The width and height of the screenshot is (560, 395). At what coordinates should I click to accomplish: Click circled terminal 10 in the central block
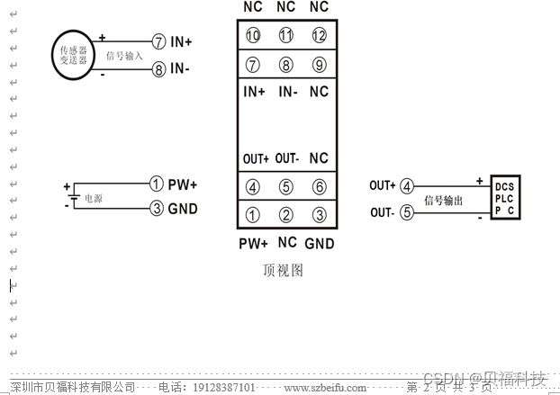pyautogui.click(x=253, y=36)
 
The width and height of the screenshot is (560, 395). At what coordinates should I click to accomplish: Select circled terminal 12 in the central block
pyautogui.click(x=318, y=36)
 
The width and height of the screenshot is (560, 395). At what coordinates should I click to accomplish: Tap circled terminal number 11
pyautogui.click(x=286, y=36)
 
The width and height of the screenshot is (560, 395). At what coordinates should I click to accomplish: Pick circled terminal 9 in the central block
pyautogui.click(x=318, y=65)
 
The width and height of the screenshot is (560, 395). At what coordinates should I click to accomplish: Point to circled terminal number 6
pyautogui.click(x=318, y=187)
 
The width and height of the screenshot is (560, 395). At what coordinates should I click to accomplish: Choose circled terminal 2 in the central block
pyautogui.click(x=286, y=215)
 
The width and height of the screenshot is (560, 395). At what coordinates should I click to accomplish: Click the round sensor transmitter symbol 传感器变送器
pyautogui.click(x=73, y=56)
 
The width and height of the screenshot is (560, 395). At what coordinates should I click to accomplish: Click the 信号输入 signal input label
pyautogui.click(x=124, y=56)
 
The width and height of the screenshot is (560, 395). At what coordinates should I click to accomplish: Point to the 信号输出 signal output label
pyautogui.click(x=443, y=201)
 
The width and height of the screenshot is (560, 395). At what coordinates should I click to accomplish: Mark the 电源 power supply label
pyautogui.click(x=94, y=197)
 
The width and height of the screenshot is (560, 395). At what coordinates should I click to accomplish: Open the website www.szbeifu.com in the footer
pyautogui.click(x=325, y=388)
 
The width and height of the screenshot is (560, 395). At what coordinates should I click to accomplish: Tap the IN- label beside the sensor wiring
pyautogui.click(x=181, y=68)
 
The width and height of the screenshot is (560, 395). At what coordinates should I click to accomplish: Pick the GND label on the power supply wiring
pyautogui.click(x=182, y=210)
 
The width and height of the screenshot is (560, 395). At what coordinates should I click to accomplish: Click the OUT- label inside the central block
pyautogui.click(x=286, y=158)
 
